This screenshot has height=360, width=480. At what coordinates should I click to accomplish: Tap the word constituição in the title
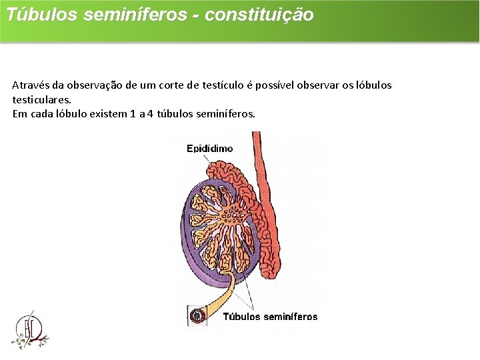259,15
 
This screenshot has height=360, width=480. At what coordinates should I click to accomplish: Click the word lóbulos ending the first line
373,85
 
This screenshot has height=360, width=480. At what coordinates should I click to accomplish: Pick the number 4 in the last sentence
151,113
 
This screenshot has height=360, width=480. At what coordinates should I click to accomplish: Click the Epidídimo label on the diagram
209,149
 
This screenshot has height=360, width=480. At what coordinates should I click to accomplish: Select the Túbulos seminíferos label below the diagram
270,317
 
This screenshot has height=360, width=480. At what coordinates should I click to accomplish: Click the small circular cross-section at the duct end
197,315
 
